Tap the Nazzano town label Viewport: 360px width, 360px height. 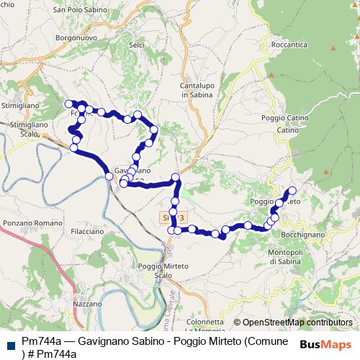click(88, 305)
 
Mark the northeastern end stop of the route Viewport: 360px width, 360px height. click(292, 191)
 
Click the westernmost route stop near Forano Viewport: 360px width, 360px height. click(69, 104)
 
